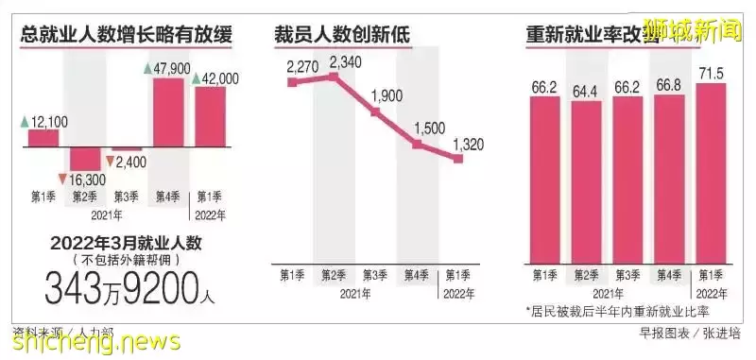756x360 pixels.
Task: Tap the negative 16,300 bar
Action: point(84,158)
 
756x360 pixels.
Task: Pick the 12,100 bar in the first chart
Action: point(43,139)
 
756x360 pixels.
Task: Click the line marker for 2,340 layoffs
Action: point(335,77)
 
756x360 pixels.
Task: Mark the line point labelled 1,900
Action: point(376,111)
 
